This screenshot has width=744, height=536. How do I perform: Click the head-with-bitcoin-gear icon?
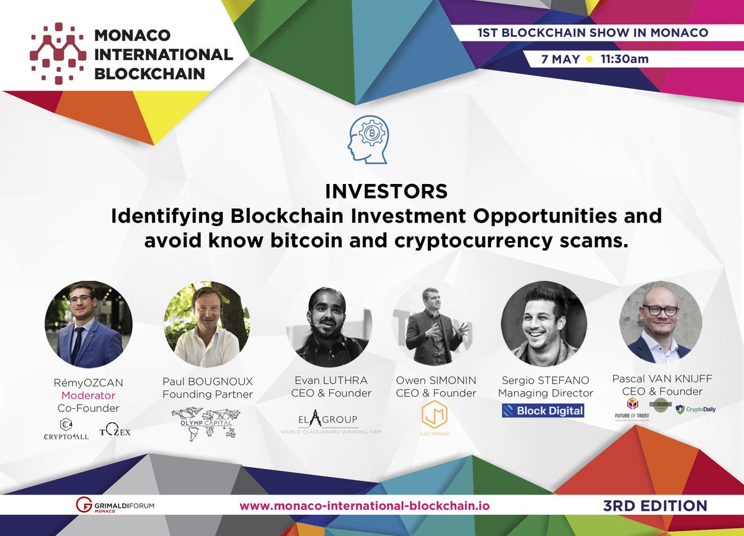point(370,140)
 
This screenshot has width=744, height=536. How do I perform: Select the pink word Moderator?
point(88,395)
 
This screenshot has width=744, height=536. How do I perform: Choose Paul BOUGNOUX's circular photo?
point(206,325)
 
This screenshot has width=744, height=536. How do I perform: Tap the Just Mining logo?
point(434,416)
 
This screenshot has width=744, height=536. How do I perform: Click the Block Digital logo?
point(544,410)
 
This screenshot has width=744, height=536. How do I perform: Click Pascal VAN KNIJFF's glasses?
point(660,310)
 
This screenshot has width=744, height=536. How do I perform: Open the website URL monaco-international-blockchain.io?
point(365,506)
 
